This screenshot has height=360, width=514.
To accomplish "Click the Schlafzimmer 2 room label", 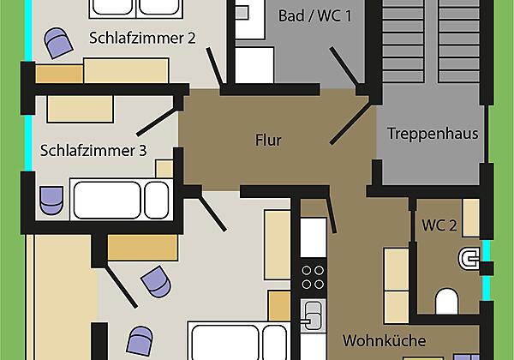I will (143, 37).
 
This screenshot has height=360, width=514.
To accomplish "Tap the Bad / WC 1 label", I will (315, 16).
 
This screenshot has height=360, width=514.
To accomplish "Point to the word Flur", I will (268, 140).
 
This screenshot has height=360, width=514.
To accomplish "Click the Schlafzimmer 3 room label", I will (93, 151).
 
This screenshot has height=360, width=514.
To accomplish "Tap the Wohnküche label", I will (384, 339).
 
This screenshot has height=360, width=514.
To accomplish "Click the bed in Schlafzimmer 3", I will (120, 200).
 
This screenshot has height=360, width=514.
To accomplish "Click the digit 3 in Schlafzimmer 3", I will (142, 151).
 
